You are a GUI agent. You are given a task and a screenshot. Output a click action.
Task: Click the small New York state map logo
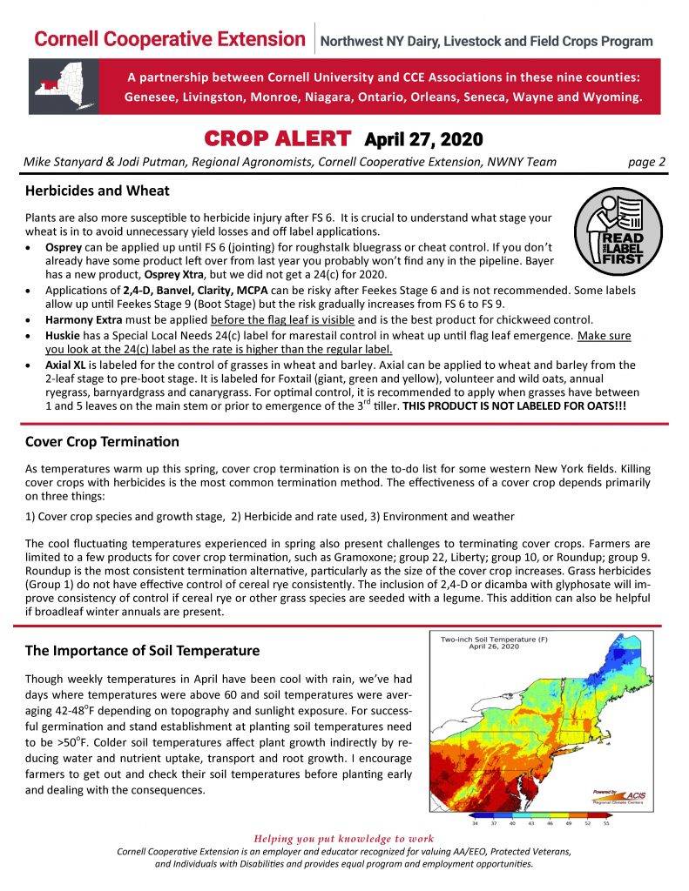[64, 86]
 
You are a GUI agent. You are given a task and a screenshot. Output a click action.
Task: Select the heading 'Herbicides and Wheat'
[98, 191]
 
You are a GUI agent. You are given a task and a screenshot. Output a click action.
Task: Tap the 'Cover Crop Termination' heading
[102, 442]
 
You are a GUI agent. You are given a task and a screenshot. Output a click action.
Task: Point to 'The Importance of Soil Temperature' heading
[142, 650]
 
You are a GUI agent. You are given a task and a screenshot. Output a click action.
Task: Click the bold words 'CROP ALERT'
[277, 138]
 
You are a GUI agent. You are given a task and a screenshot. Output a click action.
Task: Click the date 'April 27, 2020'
[422, 139]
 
